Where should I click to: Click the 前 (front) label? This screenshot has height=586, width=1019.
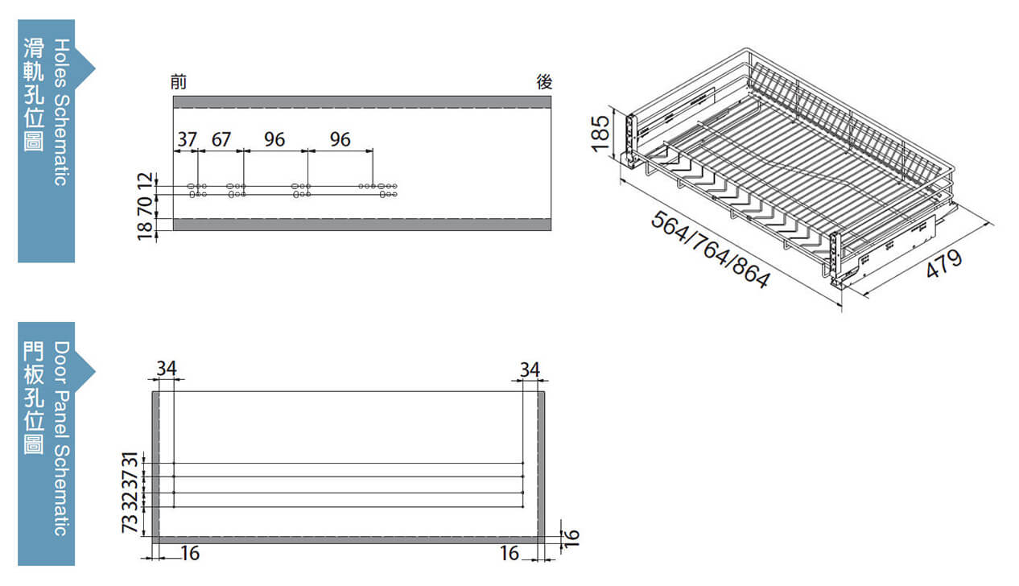pyautogui.click(x=179, y=82)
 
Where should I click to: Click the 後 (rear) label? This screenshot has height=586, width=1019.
pyautogui.click(x=544, y=82)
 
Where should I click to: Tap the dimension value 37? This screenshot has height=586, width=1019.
pyautogui.click(x=187, y=139)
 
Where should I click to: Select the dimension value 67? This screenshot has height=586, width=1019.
pyautogui.click(x=221, y=139)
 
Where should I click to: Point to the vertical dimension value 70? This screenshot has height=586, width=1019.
pyautogui.click(x=145, y=207)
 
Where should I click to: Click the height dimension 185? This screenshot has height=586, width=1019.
pyautogui.click(x=600, y=134)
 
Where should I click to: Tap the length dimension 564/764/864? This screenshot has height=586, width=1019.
pyautogui.click(x=711, y=250)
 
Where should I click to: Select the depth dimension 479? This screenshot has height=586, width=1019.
pyautogui.click(x=944, y=264)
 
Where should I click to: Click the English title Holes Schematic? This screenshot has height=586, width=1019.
pyautogui.click(x=62, y=112)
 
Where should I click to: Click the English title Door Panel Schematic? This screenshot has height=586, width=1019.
pyautogui.click(x=62, y=439)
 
